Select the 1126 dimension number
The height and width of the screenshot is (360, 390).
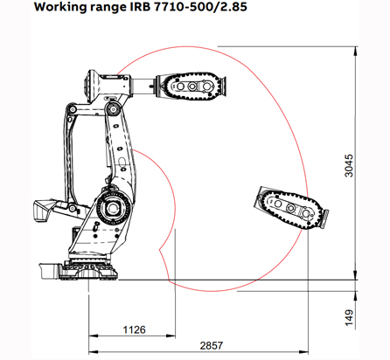pyautogui.click(x=134, y=330)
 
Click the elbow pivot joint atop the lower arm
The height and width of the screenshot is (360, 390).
pyautogui.click(x=113, y=109)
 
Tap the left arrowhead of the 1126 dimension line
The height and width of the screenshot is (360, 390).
pyautogui.click(x=93, y=338)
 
